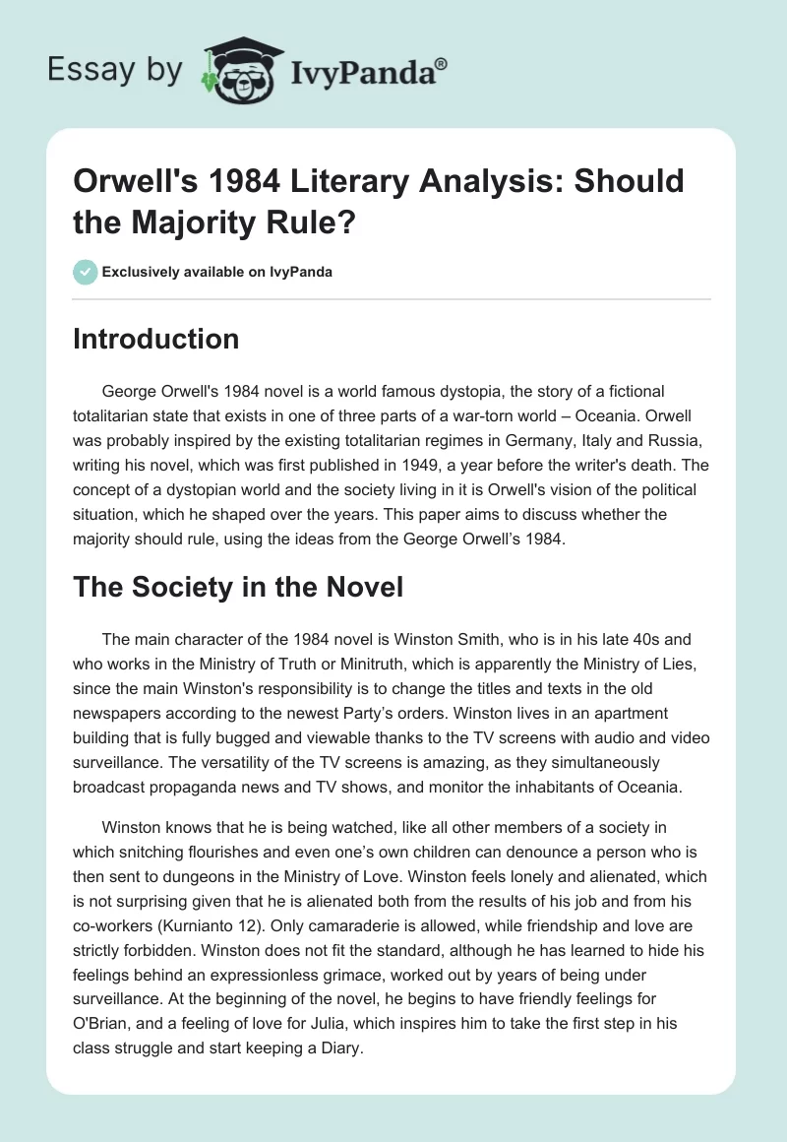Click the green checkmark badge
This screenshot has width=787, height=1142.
pyautogui.click(x=86, y=272)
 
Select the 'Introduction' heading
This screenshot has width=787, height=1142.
pyautogui.click(x=156, y=340)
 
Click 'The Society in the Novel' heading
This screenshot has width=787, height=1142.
pyautogui.click(x=238, y=588)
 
